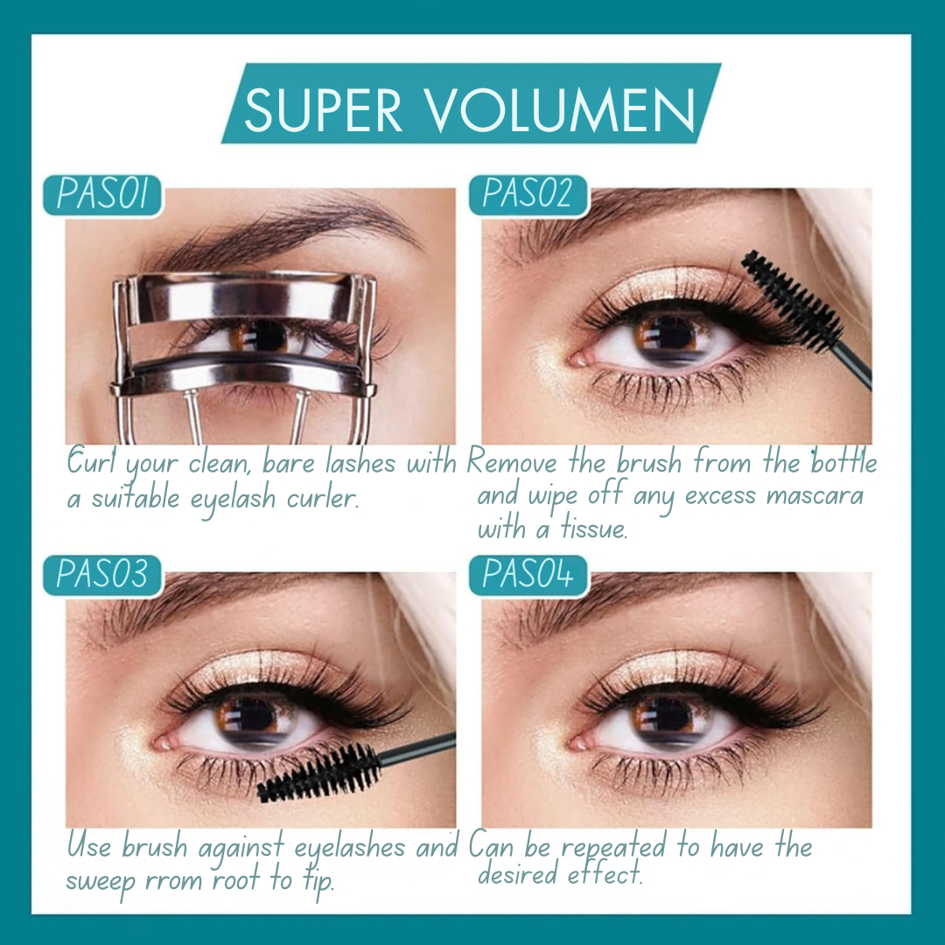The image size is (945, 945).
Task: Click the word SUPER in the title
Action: [x=323, y=109]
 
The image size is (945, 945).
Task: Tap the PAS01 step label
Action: [x=102, y=194]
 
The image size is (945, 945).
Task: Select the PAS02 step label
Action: [x=528, y=194]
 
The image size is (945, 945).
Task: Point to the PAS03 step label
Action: [x=102, y=574]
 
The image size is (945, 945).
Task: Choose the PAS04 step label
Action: [x=528, y=574]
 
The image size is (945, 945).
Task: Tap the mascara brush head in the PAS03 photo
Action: [x=318, y=774]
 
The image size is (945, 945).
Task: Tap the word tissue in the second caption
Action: [x=594, y=528]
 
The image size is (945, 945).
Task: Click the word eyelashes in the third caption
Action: [x=350, y=848]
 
